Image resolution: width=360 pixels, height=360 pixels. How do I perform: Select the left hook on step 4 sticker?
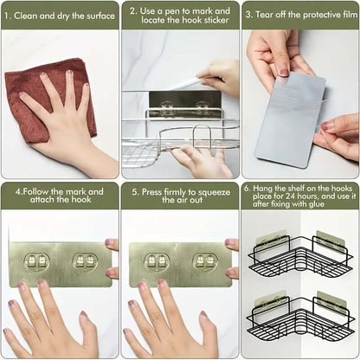[37, 262]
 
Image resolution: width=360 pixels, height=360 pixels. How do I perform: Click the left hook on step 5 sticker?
[157, 262]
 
